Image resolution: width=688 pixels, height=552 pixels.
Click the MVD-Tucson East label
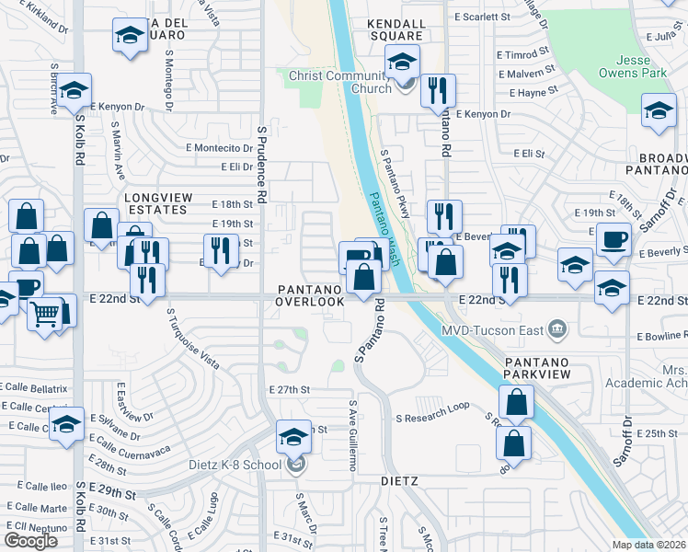[493, 329]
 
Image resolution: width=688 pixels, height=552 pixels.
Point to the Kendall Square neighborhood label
[396, 23]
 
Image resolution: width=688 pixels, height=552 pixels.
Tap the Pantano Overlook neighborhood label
[312, 295]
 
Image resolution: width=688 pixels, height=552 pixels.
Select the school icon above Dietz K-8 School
[293, 436]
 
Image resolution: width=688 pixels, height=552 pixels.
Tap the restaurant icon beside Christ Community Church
[438, 90]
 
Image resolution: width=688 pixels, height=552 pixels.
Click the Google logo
[31, 541]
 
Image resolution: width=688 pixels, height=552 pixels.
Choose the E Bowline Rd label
[661, 338]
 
